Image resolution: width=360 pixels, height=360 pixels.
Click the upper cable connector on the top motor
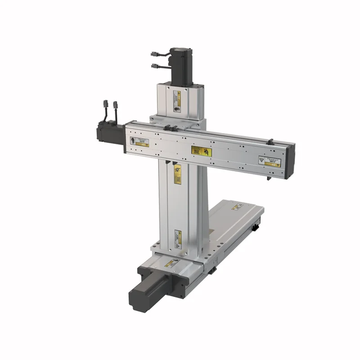(x=155, y=55)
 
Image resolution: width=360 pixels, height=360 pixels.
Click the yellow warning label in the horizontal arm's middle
(x=201, y=151)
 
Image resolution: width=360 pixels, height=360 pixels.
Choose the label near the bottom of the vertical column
(x=177, y=239)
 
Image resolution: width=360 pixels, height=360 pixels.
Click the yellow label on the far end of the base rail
(x=237, y=207)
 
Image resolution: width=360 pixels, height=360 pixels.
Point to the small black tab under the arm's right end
(x=269, y=179)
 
